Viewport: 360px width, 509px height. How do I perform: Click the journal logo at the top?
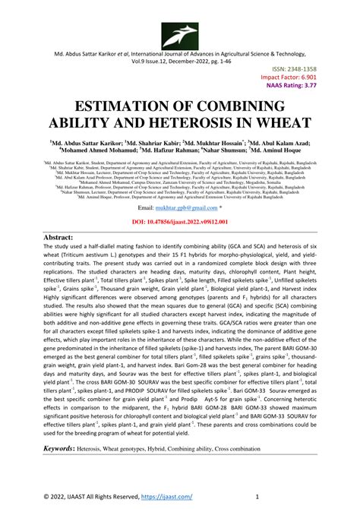pyautogui.click(x=180, y=33)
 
